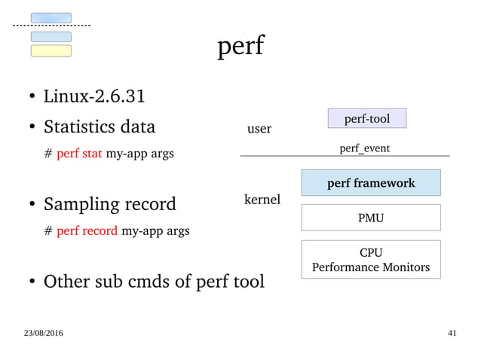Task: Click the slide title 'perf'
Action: pos(240,47)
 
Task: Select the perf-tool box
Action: pos(367,118)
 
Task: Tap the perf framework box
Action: pos(370,183)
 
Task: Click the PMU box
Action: pos(370,218)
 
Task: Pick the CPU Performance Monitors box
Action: pos(370,259)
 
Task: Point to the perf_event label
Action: pos(364,148)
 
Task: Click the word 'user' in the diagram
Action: pos(259,129)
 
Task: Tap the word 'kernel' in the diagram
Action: pos(262,200)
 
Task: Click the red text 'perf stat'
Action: pos(79,154)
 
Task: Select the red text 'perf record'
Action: pos(87,230)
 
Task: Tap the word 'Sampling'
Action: pos(78,204)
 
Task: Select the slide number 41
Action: pos(452,333)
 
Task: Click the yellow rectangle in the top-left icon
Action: pos(51,50)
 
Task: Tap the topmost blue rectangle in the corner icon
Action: pos(51,17)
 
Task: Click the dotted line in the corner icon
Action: pos(51,26)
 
